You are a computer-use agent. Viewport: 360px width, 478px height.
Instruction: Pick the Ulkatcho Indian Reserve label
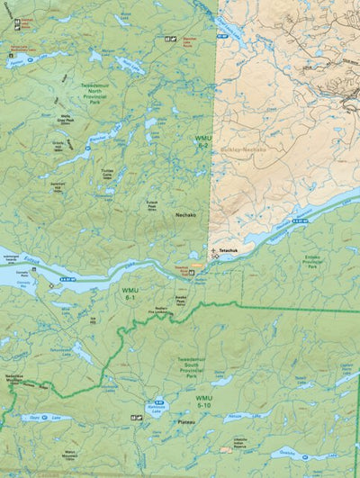239,442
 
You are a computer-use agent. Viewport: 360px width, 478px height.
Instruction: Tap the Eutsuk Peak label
165,190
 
